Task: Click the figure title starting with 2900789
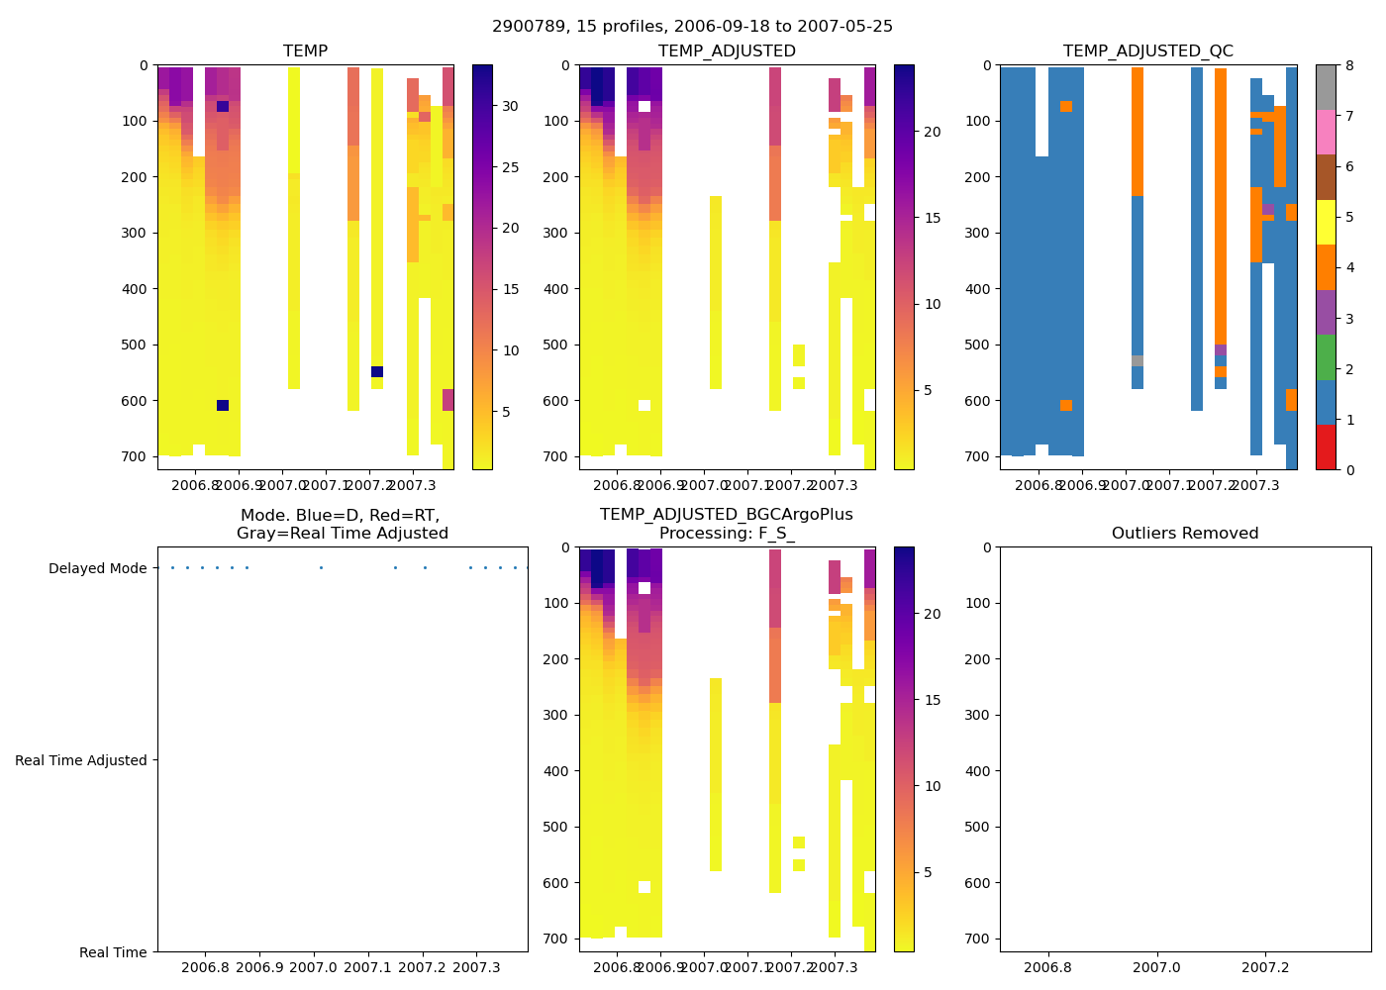(x=692, y=27)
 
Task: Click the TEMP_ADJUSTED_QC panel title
(x=1147, y=51)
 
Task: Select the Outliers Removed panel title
(x=1184, y=534)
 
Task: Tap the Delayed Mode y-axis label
(x=97, y=569)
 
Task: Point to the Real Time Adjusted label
(x=80, y=761)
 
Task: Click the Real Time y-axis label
(x=113, y=952)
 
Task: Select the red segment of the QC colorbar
(x=1326, y=446)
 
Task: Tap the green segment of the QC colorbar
(x=1326, y=357)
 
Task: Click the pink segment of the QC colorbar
(x=1326, y=132)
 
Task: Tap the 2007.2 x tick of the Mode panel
(x=423, y=966)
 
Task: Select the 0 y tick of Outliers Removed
(x=986, y=547)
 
